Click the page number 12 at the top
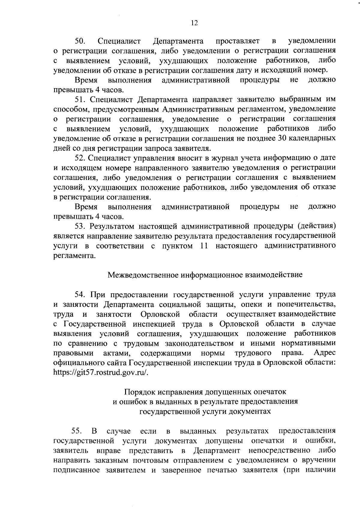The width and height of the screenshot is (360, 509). tap(194, 23)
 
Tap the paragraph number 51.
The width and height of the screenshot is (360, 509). tap(80, 99)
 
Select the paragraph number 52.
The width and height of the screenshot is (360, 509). tap(80, 158)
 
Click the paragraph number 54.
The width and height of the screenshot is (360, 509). tap(80, 295)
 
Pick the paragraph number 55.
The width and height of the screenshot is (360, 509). tap(77, 431)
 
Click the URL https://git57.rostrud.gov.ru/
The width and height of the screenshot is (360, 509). tap(101, 373)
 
